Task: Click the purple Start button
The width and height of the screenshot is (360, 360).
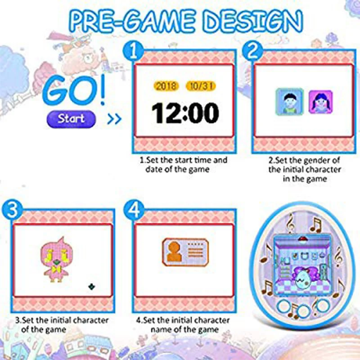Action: click(71, 119)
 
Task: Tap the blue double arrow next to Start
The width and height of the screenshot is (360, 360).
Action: click(114, 119)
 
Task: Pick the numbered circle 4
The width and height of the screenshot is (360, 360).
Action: click(134, 211)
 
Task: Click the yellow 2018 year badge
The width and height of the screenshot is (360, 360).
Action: click(166, 86)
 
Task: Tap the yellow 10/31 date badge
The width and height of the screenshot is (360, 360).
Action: click(201, 86)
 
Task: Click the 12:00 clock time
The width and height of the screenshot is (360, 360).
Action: click(185, 113)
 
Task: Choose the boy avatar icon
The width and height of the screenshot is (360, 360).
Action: click(290, 101)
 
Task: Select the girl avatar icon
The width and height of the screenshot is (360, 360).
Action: click(320, 102)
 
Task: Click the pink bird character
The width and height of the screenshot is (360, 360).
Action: click(57, 260)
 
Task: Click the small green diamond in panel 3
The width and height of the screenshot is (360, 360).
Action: click(92, 287)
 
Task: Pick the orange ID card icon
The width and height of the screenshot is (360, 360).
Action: click(185, 252)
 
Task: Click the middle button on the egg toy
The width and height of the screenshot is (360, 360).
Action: click(303, 311)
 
